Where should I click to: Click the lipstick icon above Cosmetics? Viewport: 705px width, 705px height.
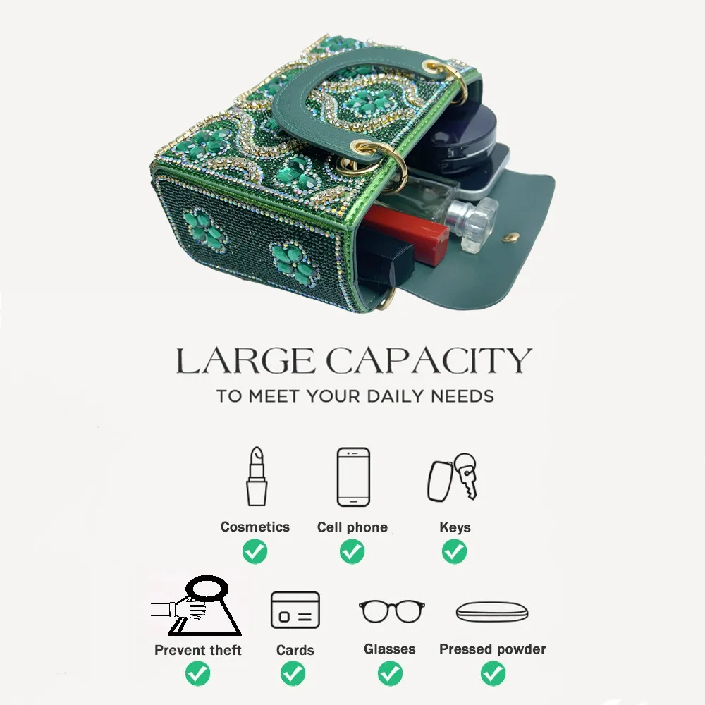click(257, 476)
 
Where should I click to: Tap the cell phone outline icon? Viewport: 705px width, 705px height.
click(353, 477)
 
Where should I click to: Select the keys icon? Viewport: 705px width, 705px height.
click(452, 477)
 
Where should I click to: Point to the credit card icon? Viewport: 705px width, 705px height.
click(295, 610)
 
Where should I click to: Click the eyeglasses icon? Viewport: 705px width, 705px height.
click(391, 611)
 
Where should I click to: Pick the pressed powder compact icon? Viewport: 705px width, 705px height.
click(492, 612)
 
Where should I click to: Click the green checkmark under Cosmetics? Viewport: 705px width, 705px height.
click(255, 552)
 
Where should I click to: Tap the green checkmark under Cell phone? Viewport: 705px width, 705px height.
click(352, 552)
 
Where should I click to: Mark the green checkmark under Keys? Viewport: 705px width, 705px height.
click(454, 552)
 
